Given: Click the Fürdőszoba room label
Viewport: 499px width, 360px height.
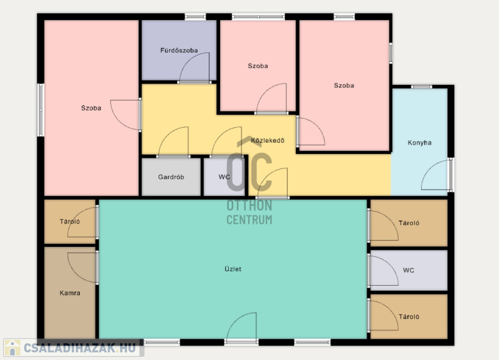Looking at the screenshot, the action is (x=179, y=51).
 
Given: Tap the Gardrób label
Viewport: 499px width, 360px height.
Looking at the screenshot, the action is (x=171, y=177).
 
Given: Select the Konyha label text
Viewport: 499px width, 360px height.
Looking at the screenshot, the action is (x=419, y=143).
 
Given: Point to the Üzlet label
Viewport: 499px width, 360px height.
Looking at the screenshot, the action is (x=233, y=269).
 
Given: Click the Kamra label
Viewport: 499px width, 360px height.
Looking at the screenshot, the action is (x=70, y=293).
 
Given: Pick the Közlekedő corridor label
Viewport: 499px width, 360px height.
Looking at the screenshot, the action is (x=268, y=140).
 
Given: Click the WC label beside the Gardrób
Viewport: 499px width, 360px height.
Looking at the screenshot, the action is (x=224, y=177).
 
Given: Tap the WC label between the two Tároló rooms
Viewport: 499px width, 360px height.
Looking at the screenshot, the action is (x=409, y=270).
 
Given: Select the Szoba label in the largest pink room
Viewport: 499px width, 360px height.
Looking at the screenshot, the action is (x=91, y=108).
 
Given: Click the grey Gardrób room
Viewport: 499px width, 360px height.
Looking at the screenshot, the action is (x=171, y=177).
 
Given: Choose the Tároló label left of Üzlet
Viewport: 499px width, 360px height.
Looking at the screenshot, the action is (x=70, y=221).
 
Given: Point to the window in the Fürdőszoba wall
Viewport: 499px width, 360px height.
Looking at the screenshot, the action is (x=195, y=17).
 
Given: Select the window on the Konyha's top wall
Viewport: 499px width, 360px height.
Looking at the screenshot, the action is (x=422, y=87).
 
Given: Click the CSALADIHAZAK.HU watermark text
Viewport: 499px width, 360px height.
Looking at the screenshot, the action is (x=80, y=348).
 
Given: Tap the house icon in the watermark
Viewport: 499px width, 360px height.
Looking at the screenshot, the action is (x=12, y=348).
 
